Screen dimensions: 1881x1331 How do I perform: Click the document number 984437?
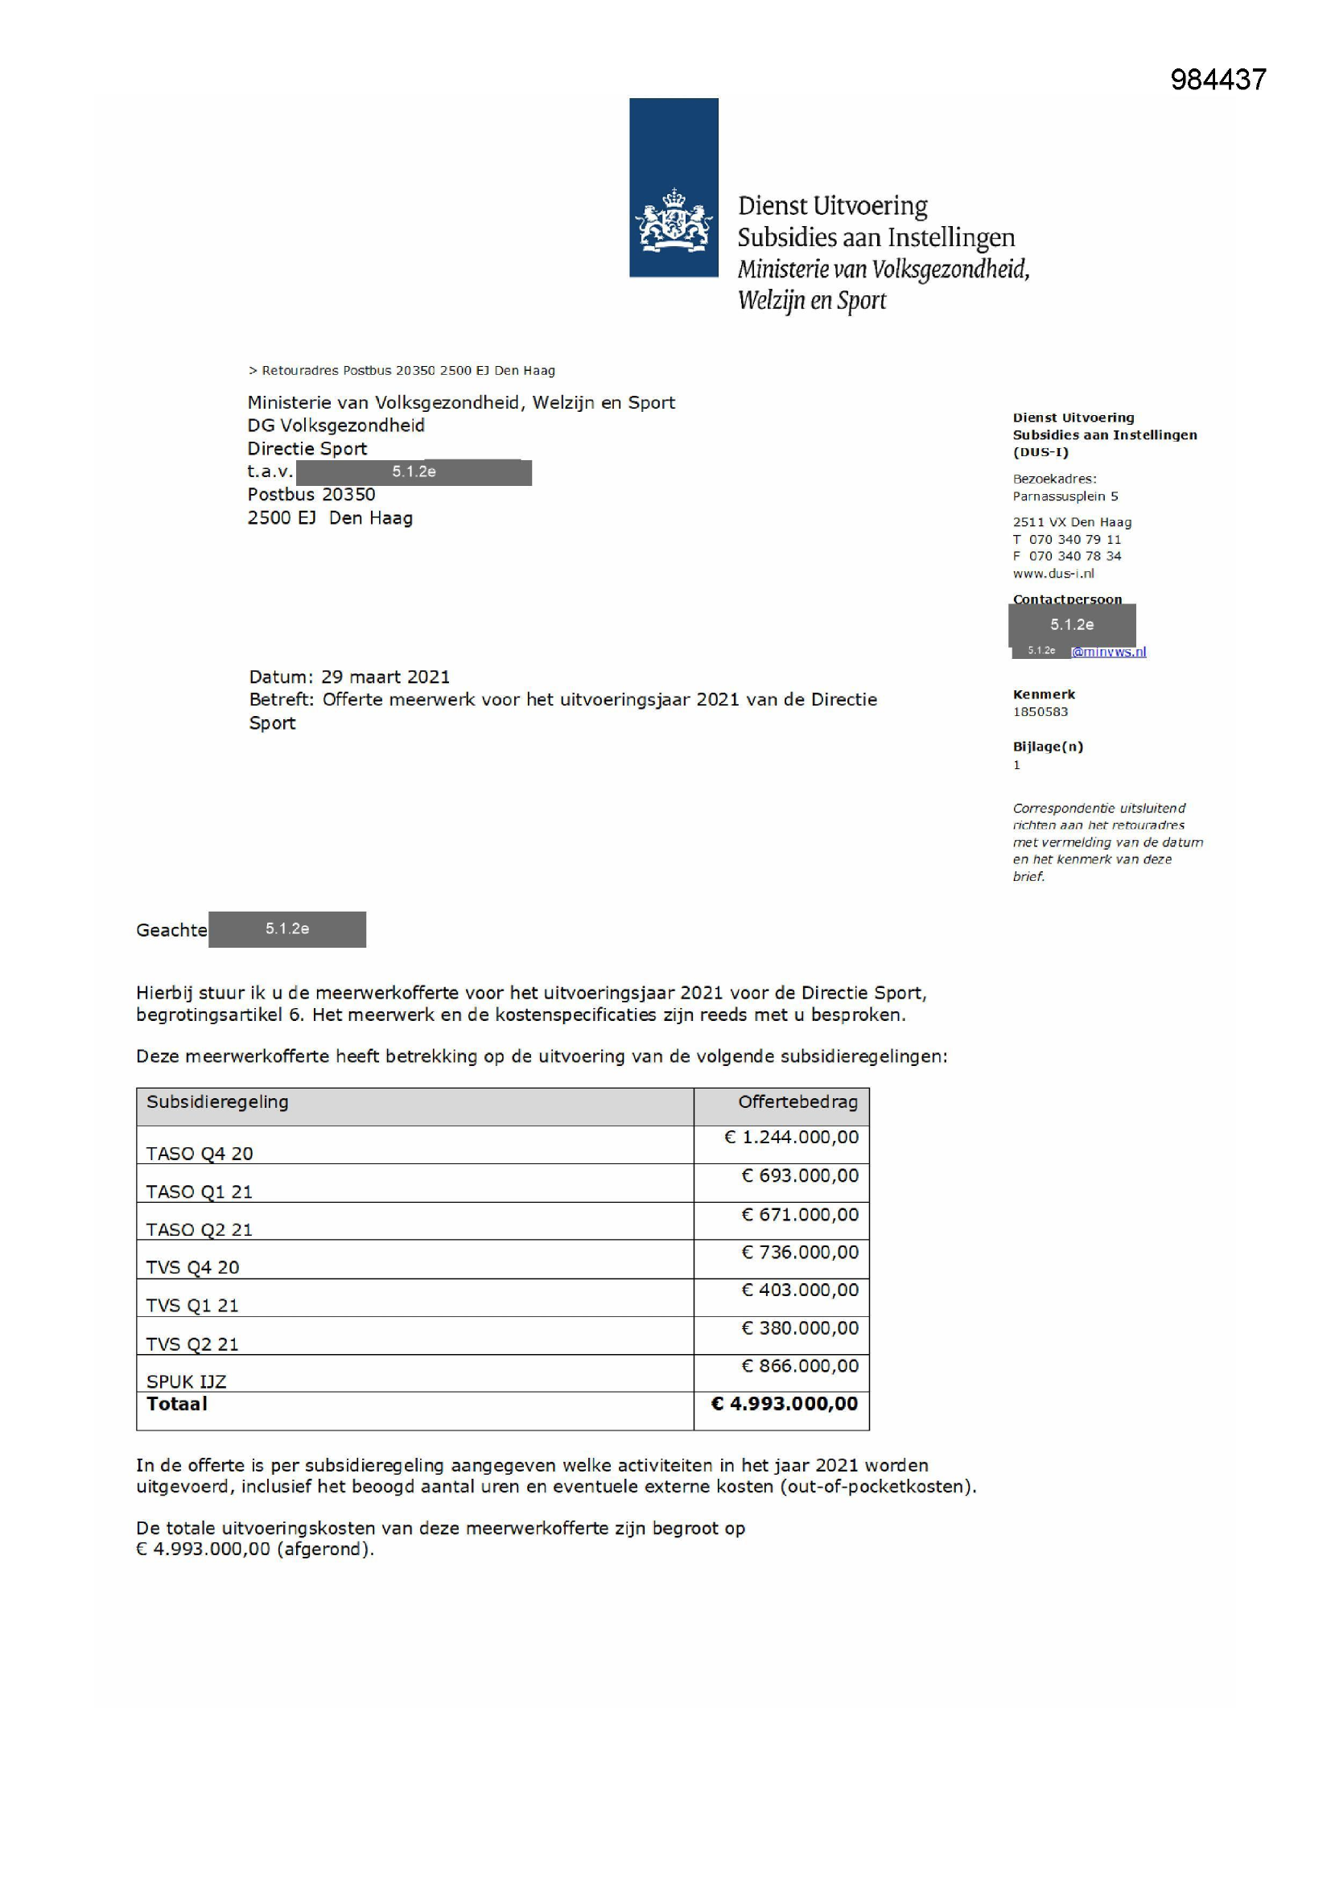pyautogui.click(x=1218, y=80)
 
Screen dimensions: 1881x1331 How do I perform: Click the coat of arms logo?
pyautogui.click(x=673, y=220)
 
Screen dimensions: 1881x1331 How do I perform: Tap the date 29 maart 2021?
pyautogui.click(x=385, y=677)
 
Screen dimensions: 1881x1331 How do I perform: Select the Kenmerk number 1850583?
pyautogui.click(x=1040, y=711)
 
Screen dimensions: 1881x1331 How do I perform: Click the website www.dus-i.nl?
pyautogui.click(x=1053, y=574)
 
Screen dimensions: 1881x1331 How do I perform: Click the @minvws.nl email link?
pyautogui.click(x=1109, y=652)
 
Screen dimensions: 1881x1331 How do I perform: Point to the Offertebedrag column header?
pyautogui.click(x=797, y=1102)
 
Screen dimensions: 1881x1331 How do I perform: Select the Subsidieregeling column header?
pyautogui.click(x=217, y=1102)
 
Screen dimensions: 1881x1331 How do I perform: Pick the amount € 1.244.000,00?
pyautogui.click(x=792, y=1137)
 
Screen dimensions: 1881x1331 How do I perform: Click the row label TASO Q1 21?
pyautogui.click(x=199, y=1192)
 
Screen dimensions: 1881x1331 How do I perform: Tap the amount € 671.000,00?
pyautogui.click(x=800, y=1214)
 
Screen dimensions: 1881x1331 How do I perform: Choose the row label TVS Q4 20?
pyautogui.click(x=192, y=1267)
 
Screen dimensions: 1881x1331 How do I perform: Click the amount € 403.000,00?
pyautogui.click(x=800, y=1290)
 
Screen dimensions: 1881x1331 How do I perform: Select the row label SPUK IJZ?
pyautogui.click(x=186, y=1381)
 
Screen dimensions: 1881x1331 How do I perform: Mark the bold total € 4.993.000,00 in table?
pyautogui.click(x=785, y=1403)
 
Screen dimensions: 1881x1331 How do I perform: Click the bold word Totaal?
pyautogui.click(x=177, y=1403)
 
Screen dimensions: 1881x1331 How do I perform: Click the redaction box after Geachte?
pyautogui.click(x=286, y=929)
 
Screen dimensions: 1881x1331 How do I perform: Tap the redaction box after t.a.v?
pyautogui.click(x=413, y=472)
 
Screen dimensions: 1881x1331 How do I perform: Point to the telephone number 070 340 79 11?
pyautogui.click(x=1074, y=539)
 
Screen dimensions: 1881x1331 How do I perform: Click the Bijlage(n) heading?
pyautogui.click(x=1048, y=747)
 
